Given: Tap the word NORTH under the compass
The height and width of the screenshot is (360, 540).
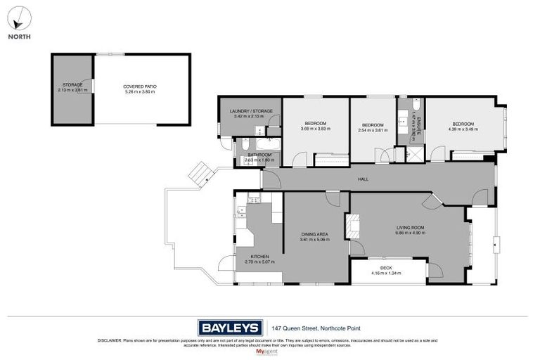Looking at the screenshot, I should pyautogui.click(x=20, y=37).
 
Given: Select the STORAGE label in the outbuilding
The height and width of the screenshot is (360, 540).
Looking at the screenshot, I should pyautogui.click(x=72, y=85).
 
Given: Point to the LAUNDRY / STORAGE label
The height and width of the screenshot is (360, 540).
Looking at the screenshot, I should pyautogui.click(x=253, y=111).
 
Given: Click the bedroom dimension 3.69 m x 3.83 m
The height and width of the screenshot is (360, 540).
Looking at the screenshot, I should pyautogui.click(x=315, y=129).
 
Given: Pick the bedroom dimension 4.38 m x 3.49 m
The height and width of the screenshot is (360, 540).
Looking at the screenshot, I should pyautogui.click(x=463, y=129).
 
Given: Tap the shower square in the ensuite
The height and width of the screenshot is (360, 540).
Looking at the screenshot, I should pyautogui.click(x=415, y=154).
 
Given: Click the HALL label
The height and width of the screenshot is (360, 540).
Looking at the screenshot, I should pyautogui.click(x=363, y=179).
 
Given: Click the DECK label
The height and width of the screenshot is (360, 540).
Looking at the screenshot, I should pyautogui.click(x=385, y=267).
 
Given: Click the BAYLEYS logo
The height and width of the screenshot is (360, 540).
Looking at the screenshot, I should pyautogui.click(x=230, y=327).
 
